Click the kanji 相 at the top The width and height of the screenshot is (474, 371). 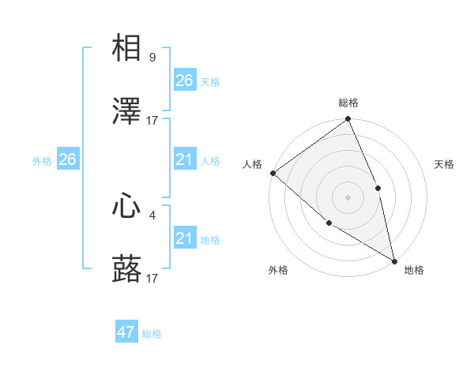126,48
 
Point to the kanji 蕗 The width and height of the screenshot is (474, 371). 126,269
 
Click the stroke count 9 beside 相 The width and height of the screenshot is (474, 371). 152,58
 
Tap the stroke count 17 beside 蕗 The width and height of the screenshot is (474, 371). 152,279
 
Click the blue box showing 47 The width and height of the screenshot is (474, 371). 126,332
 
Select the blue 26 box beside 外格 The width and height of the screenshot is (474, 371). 67,159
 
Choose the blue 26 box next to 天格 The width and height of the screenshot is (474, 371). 184,80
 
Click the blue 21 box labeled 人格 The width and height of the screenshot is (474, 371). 184,159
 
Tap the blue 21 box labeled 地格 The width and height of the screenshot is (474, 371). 184,238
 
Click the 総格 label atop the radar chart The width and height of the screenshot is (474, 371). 348,103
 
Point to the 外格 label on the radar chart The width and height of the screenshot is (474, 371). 278,270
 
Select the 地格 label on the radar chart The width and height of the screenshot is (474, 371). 414,270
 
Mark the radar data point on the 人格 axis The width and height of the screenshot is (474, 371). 273,173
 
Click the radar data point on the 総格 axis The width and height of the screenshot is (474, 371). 348,120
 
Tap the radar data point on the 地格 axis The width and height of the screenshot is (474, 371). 394,260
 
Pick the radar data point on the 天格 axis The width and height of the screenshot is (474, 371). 378,188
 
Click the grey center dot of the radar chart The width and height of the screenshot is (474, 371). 348,197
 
